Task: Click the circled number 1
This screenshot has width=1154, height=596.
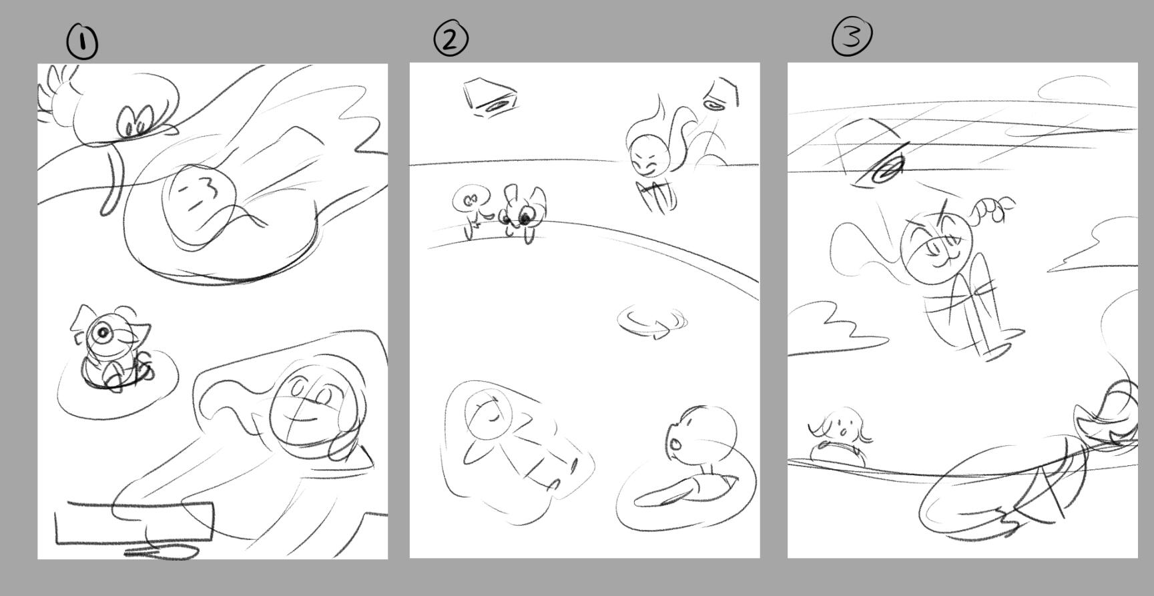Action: pyautogui.click(x=82, y=42)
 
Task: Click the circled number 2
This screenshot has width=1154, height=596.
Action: pyautogui.click(x=451, y=39)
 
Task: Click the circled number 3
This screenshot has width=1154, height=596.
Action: pyautogui.click(x=852, y=36)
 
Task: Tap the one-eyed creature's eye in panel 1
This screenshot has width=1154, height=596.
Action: pyautogui.click(x=103, y=332)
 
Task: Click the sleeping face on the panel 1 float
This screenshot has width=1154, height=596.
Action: pyautogui.click(x=199, y=207)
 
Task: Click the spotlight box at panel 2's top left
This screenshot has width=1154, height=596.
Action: pyautogui.click(x=491, y=97)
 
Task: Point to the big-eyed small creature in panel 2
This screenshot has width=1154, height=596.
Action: pyautogui.click(x=522, y=212)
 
